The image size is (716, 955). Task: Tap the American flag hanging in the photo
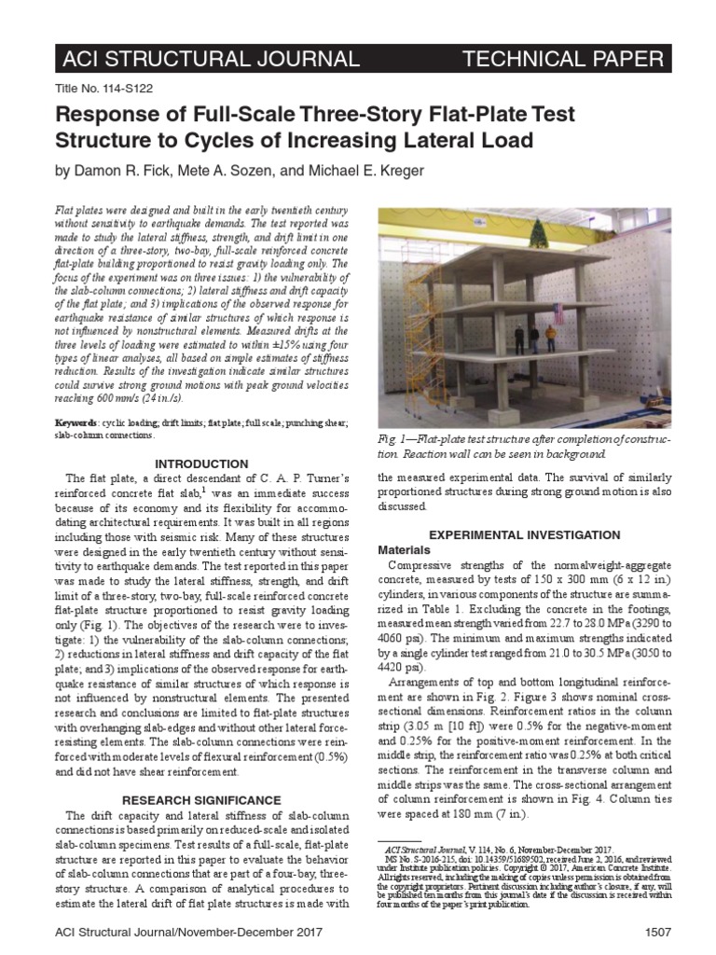[558, 312]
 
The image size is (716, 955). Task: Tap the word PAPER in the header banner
[623, 61]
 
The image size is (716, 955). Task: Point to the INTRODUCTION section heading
[201, 464]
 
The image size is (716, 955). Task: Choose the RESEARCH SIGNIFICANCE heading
[201, 800]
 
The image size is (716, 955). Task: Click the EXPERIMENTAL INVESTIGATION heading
[523, 534]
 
